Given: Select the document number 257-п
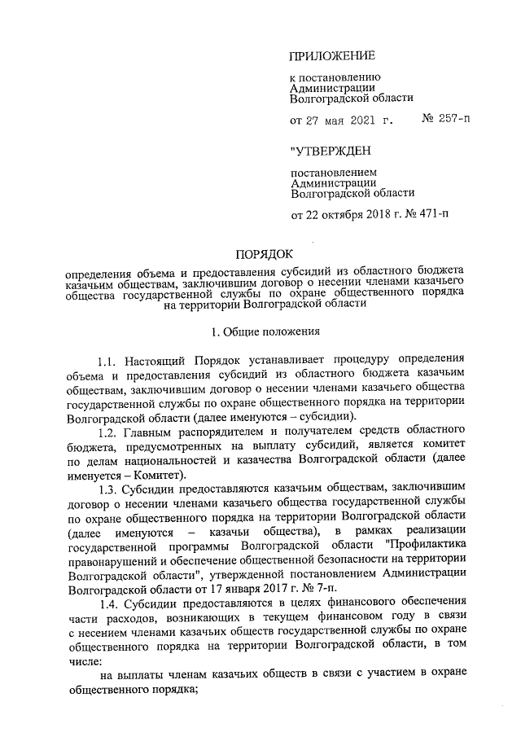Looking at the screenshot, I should point(453,121).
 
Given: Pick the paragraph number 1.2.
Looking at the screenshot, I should point(108,429).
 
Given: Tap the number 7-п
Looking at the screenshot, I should point(345,587).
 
